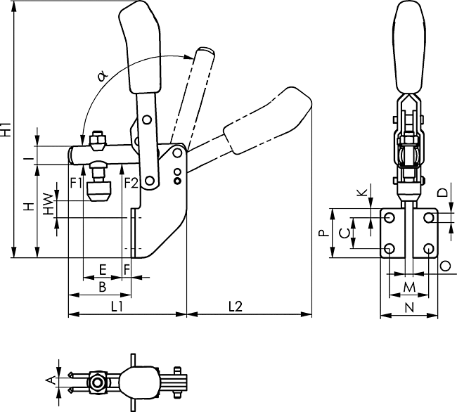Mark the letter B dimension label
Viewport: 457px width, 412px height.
click(102, 287)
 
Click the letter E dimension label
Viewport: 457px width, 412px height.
click(103, 269)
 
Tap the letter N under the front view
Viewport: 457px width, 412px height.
click(408, 307)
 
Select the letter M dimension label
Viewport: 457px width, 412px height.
click(408, 286)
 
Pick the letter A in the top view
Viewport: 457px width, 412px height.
click(48, 380)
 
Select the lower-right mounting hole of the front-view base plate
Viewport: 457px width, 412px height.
click(429, 248)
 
